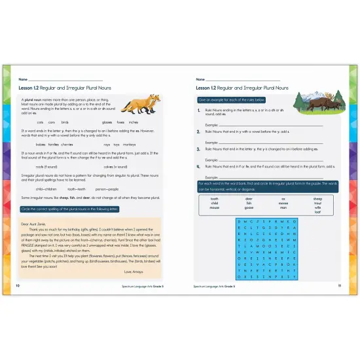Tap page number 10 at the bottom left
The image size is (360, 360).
[18, 286]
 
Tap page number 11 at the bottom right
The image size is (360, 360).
[340, 286]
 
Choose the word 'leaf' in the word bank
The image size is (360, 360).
[317, 213]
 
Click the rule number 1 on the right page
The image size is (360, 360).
[199, 112]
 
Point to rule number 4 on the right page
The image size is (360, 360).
[199, 167]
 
